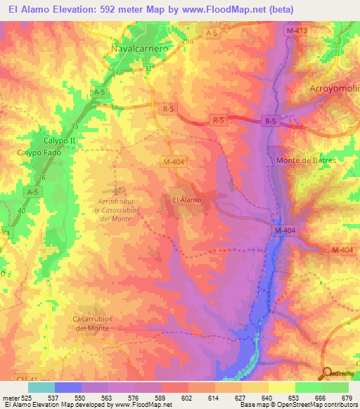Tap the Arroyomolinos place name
335,89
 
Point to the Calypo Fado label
39,152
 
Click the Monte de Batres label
306,160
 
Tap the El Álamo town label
187,200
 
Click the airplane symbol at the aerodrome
117,190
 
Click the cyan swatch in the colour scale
41,387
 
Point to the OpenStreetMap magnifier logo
328,373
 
